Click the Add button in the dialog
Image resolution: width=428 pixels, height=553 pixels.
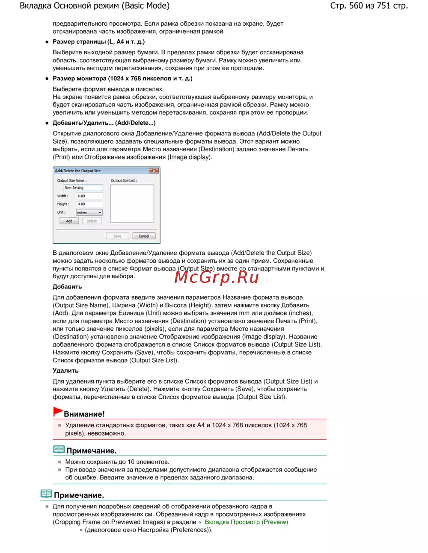tap(69, 221)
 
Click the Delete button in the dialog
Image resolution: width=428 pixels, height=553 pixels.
tap(92, 221)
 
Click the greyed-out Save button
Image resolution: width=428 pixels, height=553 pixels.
tap(117, 236)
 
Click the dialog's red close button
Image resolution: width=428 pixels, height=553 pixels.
tap(154, 171)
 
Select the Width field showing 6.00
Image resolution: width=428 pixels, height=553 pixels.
tap(89, 196)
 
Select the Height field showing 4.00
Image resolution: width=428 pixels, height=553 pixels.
tap(89, 204)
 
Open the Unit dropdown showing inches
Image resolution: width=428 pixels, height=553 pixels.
tap(89, 212)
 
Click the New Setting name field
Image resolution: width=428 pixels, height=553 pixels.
tap(83, 188)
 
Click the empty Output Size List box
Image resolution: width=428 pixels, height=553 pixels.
tap(132, 203)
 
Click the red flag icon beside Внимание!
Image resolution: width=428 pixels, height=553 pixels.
tap(58, 412)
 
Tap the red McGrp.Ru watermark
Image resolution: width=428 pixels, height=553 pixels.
tap(217, 277)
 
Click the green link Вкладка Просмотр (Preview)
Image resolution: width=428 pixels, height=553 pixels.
tap(246, 522)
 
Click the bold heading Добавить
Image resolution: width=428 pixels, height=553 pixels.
tap(67, 287)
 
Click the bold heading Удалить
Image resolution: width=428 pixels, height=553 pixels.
tap(65, 371)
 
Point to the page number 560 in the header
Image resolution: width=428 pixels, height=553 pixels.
tap(356, 6)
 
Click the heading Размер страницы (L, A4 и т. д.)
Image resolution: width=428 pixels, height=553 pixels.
tap(98, 41)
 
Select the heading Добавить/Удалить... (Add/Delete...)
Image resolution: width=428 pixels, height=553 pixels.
tap(104, 123)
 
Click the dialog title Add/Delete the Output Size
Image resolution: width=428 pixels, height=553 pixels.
tap(78, 171)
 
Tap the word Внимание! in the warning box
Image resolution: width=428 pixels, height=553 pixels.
tap(84, 414)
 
